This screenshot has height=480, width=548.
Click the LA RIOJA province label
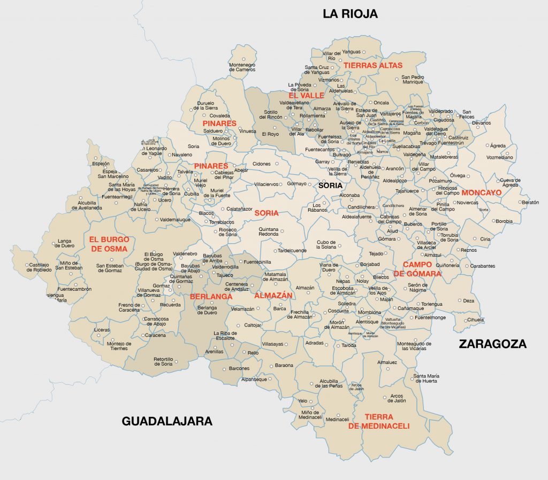350,14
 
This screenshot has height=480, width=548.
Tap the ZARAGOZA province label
492,344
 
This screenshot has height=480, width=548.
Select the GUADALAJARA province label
167,421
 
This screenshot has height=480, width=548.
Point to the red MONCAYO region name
481,192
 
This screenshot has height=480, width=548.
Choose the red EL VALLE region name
306,95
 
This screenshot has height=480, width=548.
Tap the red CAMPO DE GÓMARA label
417,269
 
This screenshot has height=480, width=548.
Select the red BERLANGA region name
211,297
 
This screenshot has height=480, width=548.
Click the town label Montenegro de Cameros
242,67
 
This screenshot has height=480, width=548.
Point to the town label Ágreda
497,145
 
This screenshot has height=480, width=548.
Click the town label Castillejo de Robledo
39,267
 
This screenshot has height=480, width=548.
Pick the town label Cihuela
475,320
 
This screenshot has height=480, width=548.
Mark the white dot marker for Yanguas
363,52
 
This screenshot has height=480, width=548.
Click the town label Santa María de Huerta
425,378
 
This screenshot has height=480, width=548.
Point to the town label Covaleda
220,115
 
